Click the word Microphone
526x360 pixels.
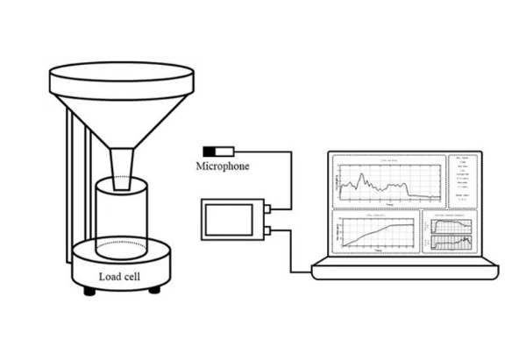coord(223,166)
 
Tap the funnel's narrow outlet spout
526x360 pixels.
coord(124,166)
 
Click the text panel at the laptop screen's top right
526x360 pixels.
coord(463,180)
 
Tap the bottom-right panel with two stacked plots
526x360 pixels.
coord(451,233)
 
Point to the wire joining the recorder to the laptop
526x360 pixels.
coord(289,258)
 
